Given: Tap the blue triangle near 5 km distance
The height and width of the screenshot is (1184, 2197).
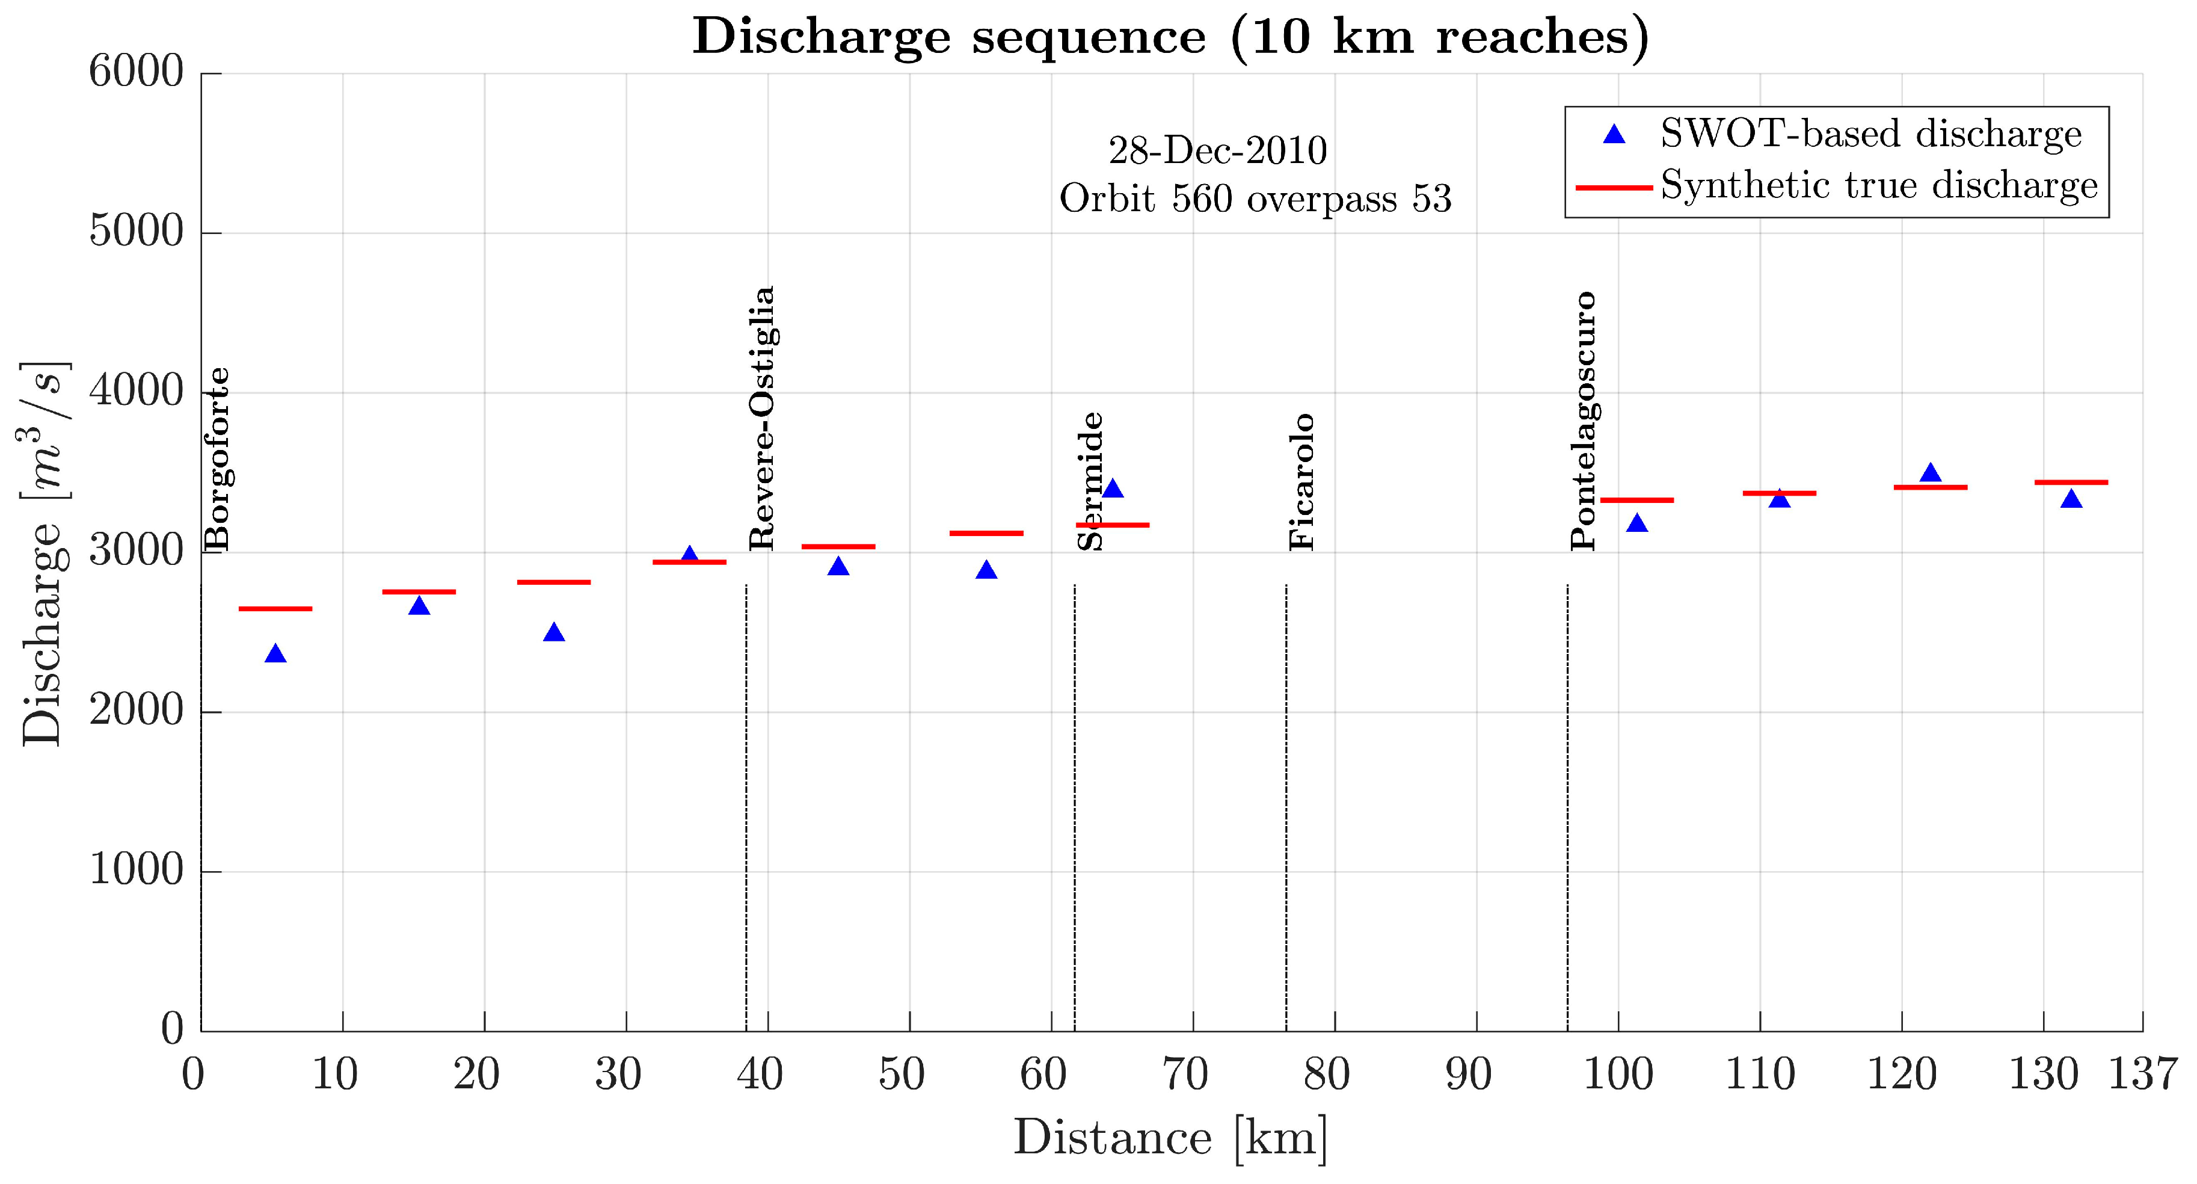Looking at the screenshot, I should click(x=275, y=655).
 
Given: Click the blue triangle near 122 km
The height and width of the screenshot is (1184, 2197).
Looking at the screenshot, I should click(x=1930, y=474).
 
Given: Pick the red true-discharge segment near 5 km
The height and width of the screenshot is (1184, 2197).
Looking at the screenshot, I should click(x=275, y=609).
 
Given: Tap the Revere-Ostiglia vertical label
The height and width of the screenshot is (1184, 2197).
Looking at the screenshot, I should click(x=761, y=418).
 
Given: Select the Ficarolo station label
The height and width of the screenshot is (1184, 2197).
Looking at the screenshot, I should click(x=1301, y=482).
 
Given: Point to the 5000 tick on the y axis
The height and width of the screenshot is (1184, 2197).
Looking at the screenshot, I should click(x=137, y=232).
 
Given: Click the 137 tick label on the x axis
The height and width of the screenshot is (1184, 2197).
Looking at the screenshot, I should click(x=2142, y=1074).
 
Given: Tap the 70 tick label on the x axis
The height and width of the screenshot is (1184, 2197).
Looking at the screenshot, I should click(x=1185, y=1074).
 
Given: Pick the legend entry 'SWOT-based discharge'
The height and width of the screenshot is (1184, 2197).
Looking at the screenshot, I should click(x=1870, y=135).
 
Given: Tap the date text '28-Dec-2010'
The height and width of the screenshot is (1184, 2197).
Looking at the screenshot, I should click(x=1217, y=151).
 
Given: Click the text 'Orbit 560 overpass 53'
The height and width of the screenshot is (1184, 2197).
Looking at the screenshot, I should click(x=1255, y=199).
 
